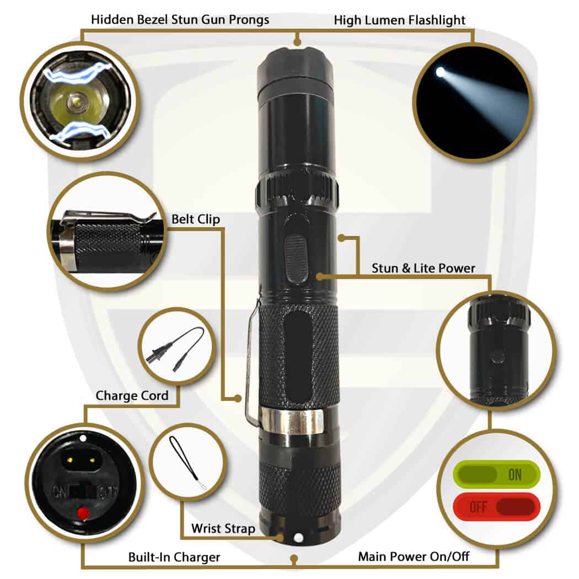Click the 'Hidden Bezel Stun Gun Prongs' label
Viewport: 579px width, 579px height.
pos(180,20)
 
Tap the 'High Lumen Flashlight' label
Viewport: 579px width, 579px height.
pos(400,20)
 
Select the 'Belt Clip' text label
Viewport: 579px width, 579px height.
pos(196,219)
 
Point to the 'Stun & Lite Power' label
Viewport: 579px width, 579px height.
pos(423,268)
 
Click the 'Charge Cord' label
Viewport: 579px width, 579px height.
pos(132,395)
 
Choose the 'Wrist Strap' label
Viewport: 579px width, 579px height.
pos(223,528)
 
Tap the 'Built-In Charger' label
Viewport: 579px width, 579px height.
pos(174,557)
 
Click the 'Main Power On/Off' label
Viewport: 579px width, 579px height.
pos(414,556)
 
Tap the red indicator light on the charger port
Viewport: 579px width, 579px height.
pos(83,513)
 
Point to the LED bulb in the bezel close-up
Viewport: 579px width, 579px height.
pos(76,101)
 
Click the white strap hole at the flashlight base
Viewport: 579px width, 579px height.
pos(298,538)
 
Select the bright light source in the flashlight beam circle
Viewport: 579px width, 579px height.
pos(440,72)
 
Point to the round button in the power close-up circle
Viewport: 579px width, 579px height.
pos(497,357)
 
